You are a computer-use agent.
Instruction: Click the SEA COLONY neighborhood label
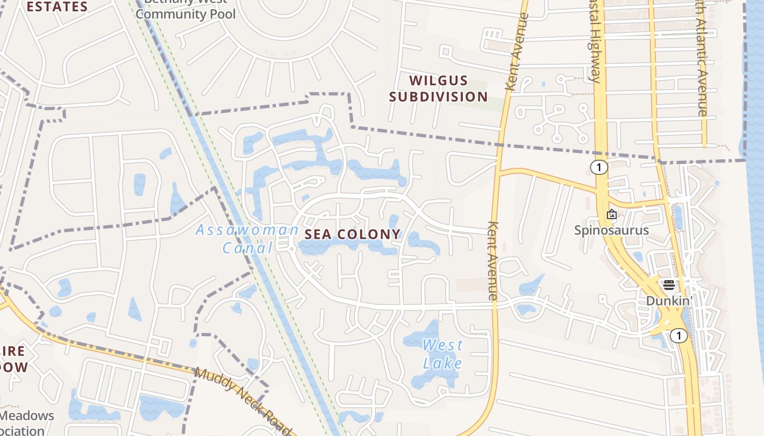353,234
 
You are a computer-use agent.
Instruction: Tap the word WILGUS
439,81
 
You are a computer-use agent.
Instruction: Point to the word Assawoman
247,230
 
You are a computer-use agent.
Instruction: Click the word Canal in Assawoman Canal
247,248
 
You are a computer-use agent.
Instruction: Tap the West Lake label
443,354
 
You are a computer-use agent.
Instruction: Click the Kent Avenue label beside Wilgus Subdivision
517,52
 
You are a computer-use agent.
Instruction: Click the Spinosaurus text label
612,230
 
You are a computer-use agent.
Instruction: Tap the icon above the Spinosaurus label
612,214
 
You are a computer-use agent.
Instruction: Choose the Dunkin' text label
669,301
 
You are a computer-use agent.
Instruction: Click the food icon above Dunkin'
669,284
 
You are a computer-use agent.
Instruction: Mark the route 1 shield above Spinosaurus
599,167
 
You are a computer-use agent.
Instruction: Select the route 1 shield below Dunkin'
678,336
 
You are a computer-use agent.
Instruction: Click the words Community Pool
186,14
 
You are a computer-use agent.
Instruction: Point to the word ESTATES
57,7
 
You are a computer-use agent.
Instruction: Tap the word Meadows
27,416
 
